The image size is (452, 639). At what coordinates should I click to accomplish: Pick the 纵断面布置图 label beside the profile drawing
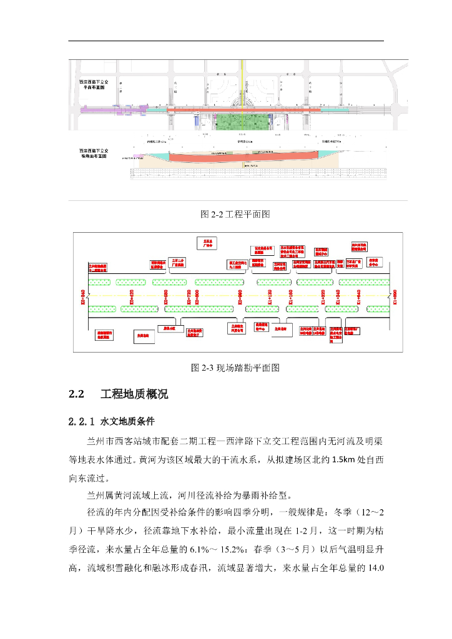tap(94, 154)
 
